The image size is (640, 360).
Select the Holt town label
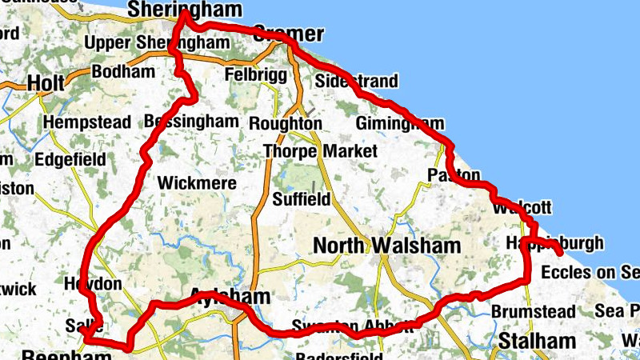coord(45,82)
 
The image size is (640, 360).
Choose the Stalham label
coord(537,342)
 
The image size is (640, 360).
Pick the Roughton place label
coord(285,124)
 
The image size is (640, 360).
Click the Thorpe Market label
coord(320,150)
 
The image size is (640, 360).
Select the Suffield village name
coord(301,198)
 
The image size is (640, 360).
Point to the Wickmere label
coord(197,183)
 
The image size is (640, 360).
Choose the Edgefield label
coord(70,160)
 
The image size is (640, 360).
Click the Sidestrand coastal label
coord(356,82)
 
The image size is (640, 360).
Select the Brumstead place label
coord(533,311)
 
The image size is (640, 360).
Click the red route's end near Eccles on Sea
coord(558,254)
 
